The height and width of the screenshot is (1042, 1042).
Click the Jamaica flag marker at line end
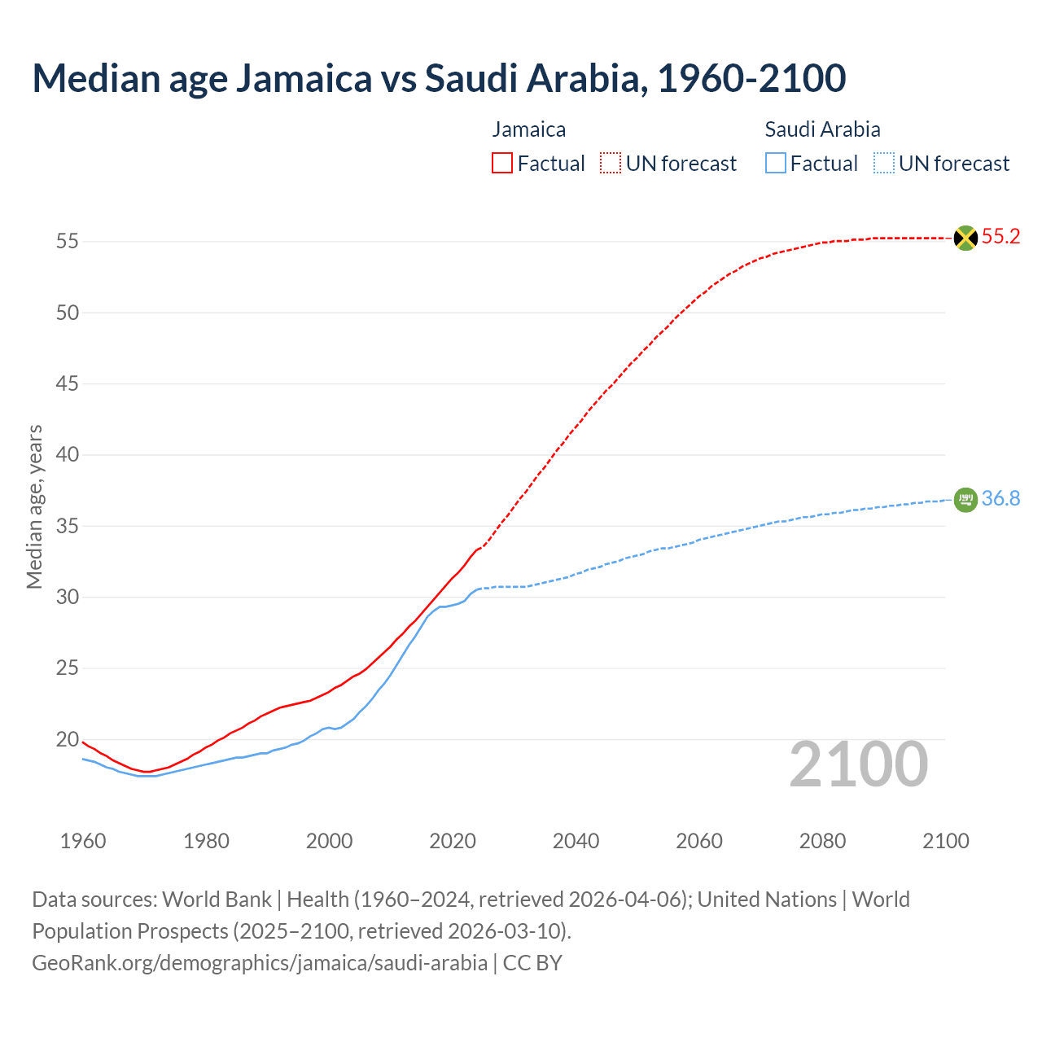[965, 238]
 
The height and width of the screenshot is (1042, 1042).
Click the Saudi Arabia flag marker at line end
[965, 499]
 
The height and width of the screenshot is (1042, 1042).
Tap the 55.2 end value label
[1000, 237]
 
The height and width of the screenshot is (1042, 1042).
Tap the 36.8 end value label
[1000, 498]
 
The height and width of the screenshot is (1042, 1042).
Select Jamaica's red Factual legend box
[502, 163]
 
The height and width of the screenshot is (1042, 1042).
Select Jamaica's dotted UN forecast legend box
[611, 163]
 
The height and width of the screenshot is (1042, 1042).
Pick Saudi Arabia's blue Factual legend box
[775, 163]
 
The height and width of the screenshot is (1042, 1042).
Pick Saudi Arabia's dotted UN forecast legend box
[883, 163]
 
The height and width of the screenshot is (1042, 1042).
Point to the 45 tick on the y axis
[67, 383]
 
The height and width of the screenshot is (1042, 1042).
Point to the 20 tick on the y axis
[67, 740]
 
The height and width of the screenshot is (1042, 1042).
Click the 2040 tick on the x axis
[576, 841]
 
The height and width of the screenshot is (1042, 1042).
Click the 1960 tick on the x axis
[83, 841]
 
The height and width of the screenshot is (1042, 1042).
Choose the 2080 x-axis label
[822, 841]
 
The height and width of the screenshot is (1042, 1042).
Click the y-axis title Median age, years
[34, 506]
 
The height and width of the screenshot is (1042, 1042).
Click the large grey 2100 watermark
[858, 764]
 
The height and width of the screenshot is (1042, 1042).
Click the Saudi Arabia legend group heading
[822, 129]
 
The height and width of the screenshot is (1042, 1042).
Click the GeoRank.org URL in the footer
[260, 963]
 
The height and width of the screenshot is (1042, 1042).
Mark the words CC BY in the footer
[532, 963]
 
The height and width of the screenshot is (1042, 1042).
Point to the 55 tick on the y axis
[67, 241]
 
